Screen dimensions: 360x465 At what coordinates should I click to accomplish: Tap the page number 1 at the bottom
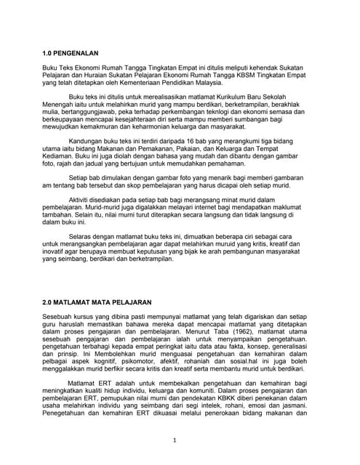point(175,440)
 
